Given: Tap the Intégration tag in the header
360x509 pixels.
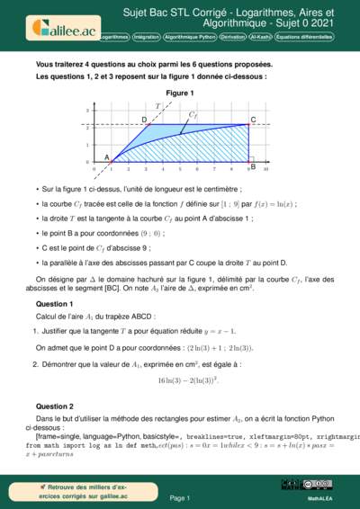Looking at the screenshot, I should pos(146,37).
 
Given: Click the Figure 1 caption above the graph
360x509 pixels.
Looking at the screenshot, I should pos(180,94).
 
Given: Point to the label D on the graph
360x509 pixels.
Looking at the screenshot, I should pos(145,119).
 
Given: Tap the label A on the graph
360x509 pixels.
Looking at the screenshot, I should pos(105,156).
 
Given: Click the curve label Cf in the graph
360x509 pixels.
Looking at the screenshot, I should pos(193,115).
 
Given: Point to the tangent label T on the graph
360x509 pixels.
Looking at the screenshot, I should pos(158,106).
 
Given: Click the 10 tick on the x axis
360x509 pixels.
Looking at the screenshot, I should pos(265,168).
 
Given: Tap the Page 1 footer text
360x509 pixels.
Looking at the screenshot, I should pos(179,496).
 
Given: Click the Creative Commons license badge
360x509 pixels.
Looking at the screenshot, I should pos(319,485).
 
